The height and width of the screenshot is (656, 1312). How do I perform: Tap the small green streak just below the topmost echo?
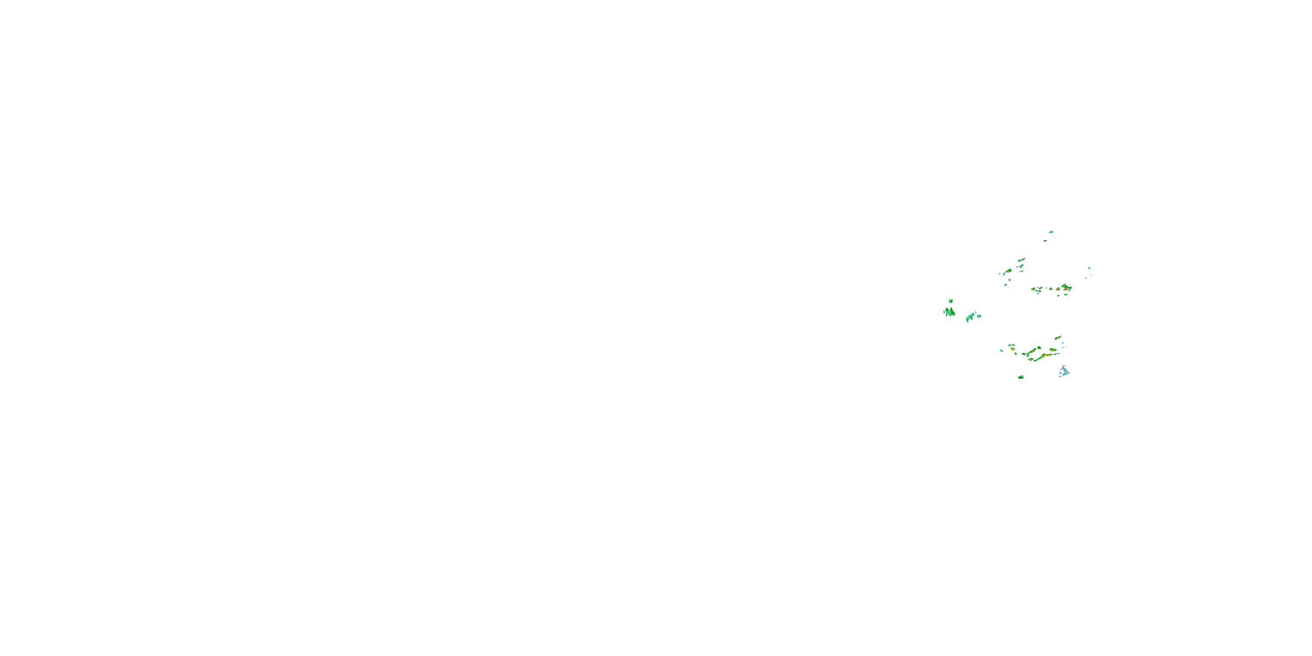coord(1045,241)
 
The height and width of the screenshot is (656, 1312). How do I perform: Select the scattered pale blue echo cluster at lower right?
coord(1064,371)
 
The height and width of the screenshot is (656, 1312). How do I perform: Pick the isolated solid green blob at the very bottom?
coord(1021,377)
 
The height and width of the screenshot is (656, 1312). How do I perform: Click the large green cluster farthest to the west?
coord(949,312)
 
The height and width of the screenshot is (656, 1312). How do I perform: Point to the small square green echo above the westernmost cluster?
coord(950,300)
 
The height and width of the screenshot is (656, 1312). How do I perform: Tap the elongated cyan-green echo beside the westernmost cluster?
coord(971,317)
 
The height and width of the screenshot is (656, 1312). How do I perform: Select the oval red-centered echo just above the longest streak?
coord(1053,350)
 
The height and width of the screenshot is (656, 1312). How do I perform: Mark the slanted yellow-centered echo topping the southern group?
coord(1058,338)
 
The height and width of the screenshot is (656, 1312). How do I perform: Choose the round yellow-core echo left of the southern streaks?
coord(1012,349)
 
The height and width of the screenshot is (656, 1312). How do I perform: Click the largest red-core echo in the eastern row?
coord(1064,288)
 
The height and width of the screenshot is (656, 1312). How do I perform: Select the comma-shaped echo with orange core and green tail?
coord(1008,272)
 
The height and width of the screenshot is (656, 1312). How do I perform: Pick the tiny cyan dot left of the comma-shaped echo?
coord(1000,274)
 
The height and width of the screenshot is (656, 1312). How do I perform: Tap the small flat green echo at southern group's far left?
coord(1002,350)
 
